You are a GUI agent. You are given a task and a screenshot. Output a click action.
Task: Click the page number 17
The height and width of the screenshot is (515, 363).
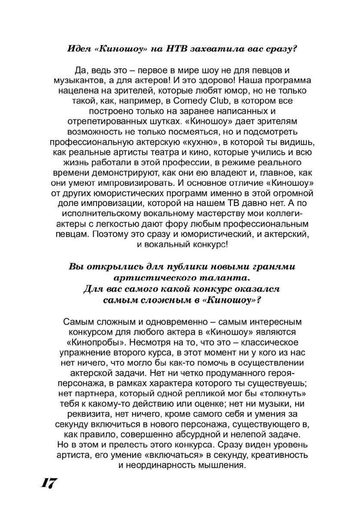click(49, 483)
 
